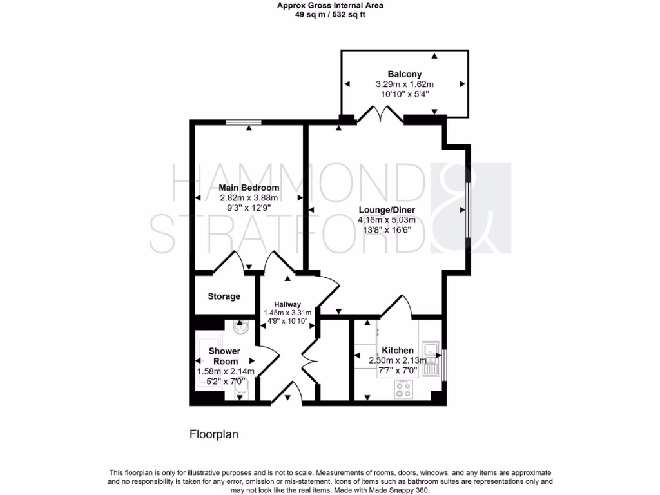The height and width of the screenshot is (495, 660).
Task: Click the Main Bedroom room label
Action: [249, 188]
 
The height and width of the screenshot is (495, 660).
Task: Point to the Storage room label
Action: [224, 296]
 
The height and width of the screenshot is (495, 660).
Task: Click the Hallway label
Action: [287, 304]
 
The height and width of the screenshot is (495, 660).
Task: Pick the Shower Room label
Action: [224, 356]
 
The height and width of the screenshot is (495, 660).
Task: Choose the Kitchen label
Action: [398, 350]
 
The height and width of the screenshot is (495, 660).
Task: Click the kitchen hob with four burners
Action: [404, 388]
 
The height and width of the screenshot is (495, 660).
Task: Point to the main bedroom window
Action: [244, 121]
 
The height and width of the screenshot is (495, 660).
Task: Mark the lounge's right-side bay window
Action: [469, 210]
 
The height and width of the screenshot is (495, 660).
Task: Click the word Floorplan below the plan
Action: [214, 434]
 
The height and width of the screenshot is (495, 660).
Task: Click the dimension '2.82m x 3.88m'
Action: [249, 198]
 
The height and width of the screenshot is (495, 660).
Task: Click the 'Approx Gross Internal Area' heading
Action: [330, 6]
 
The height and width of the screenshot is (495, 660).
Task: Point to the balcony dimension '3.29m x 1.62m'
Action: [405, 84]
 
